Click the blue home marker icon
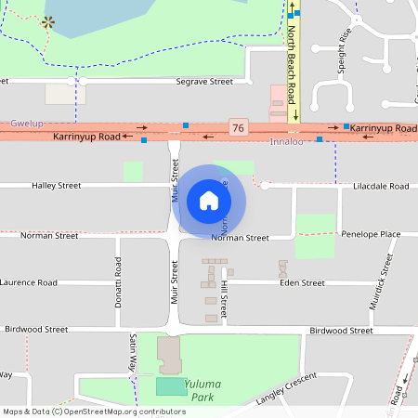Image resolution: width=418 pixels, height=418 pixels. (208, 200)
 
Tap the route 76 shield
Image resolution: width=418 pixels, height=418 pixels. (239, 126)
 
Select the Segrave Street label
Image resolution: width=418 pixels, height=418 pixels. (204, 82)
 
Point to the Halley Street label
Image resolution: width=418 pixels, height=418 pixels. (57, 186)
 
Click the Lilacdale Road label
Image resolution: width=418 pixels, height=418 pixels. (381, 186)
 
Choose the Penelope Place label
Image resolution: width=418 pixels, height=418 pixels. (371, 235)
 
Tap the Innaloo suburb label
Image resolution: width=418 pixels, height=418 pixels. (286, 142)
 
